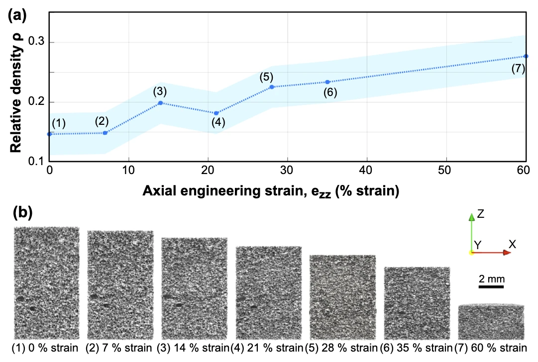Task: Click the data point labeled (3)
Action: (x=160, y=103)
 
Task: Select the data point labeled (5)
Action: (x=272, y=87)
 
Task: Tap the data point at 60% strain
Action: (x=526, y=56)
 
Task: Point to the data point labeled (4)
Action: (x=216, y=113)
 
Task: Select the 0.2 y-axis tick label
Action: (x=36, y=102)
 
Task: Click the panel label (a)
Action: (x=17, y=15)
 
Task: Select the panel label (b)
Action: (x=23, y=212)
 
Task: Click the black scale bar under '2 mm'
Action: (x=491, y=286)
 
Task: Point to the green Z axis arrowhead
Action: (x=472, y=217)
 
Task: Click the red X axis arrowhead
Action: (x=507, y=253)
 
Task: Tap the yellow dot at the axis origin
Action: (x=472, y=253)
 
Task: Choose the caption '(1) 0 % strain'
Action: (x=45, y=348)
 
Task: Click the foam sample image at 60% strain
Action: (x=491, y=322)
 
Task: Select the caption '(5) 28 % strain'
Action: (x=344, y=348)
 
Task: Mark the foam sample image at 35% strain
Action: (x=417, y=303)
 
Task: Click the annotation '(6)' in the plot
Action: (x=330, y=92)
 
